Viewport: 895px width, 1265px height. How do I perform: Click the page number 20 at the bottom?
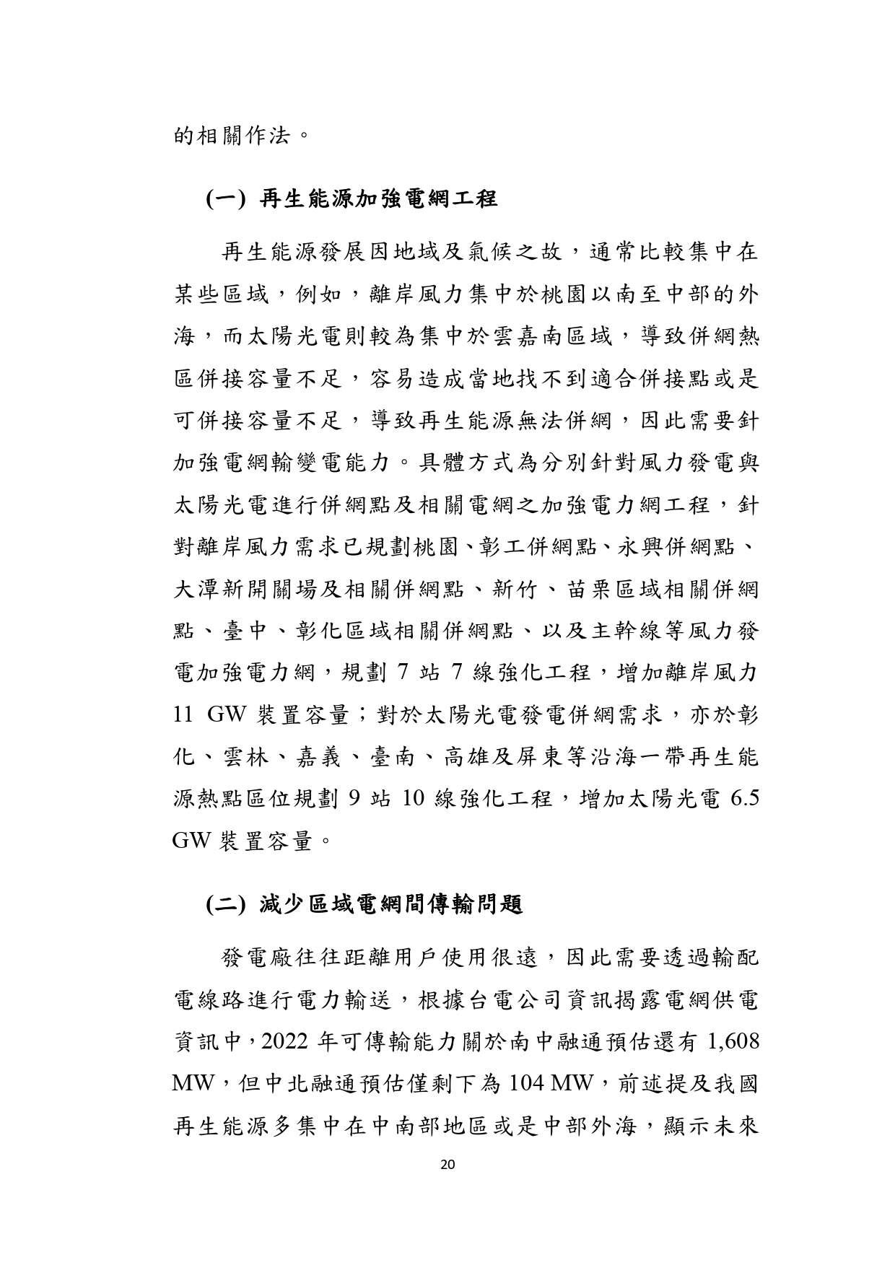click(x=447, y=1163)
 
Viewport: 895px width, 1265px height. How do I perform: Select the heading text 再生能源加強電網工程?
click(x=378, y=198)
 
